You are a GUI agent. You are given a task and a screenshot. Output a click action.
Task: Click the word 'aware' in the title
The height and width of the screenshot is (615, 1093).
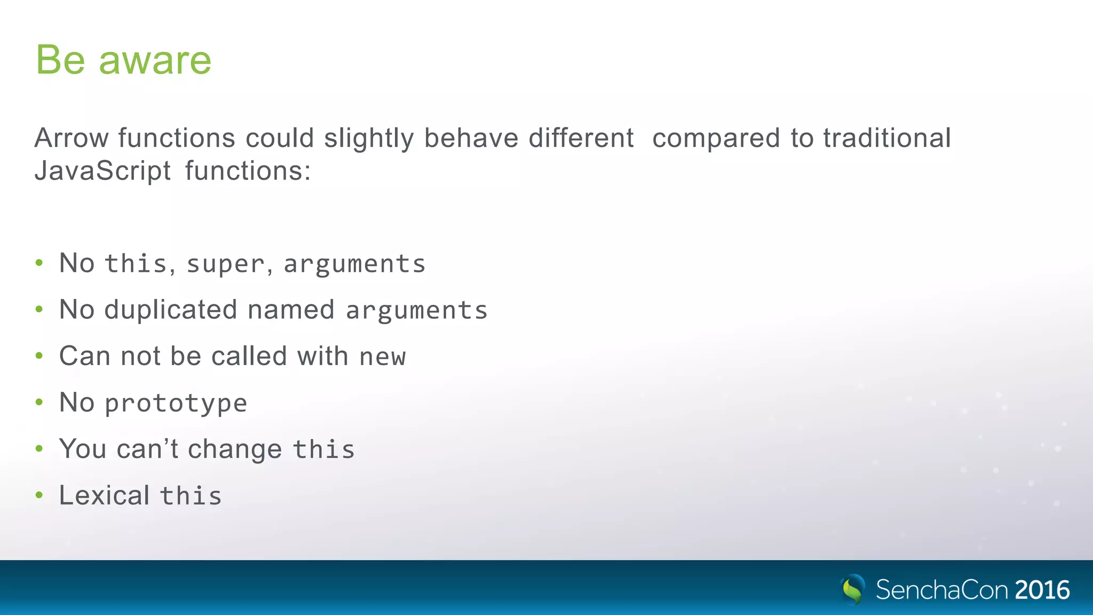pyautogui.click(x=155, y=60)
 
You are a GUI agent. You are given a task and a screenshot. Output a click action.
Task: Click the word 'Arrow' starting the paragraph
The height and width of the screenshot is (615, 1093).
pyautogui.click(x=72, y=138)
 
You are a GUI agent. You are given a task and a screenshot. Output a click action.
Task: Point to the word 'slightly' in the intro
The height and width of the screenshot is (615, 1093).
pyautogui.click(x=369, y=138)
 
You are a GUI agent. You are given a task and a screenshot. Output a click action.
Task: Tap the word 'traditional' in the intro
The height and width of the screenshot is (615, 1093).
pyautogui.click(x=886, y=138)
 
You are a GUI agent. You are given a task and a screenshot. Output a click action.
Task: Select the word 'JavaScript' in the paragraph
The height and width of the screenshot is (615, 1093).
pyautogui.click(x=102, y=171)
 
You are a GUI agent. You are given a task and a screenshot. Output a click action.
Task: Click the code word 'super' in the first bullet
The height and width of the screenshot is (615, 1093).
pyautogui.click(x=225, y=264)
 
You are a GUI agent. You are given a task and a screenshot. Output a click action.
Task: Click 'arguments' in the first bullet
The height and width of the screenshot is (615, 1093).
pyautogui.click(x=354, y=264)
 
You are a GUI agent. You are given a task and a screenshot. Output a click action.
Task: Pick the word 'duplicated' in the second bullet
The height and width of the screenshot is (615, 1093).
pyautogui.click(x=170, y=310)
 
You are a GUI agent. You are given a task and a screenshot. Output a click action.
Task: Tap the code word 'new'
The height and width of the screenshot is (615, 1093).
pyautogui.click(x=383, y=357)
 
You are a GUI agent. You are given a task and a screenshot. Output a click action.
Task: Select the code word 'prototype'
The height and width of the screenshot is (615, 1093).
pyautogui.click(x=176, y=404)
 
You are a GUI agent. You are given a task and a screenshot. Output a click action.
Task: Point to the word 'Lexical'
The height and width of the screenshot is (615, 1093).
pyautogui.click(x=105, y=495)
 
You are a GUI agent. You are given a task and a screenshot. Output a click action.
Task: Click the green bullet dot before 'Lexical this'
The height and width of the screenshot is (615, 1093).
pyautogui.click(x=39, y=495)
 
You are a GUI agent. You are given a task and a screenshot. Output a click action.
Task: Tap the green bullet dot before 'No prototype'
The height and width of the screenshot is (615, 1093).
pyautogui.click(x=39, y=403)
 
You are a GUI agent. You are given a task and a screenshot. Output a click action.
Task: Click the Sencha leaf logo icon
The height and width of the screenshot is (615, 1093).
pyautogui.click(x=852, y=589)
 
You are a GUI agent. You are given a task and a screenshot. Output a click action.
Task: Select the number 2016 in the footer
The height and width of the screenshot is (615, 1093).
pyautogui.click(x=1042, y=590)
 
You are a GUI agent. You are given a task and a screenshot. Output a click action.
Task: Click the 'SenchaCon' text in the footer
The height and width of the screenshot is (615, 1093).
pyautogui.click(x=942, y=590)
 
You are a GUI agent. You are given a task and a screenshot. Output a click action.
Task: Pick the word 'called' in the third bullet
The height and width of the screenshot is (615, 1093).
pyautogui.click(x=249, y=356)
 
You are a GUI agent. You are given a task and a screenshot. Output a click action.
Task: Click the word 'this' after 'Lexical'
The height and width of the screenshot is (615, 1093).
pyautogui.click(x=191, y=496)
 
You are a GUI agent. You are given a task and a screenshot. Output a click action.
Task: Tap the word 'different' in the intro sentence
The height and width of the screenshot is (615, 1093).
pyautogui.click(x=581, y=138)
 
